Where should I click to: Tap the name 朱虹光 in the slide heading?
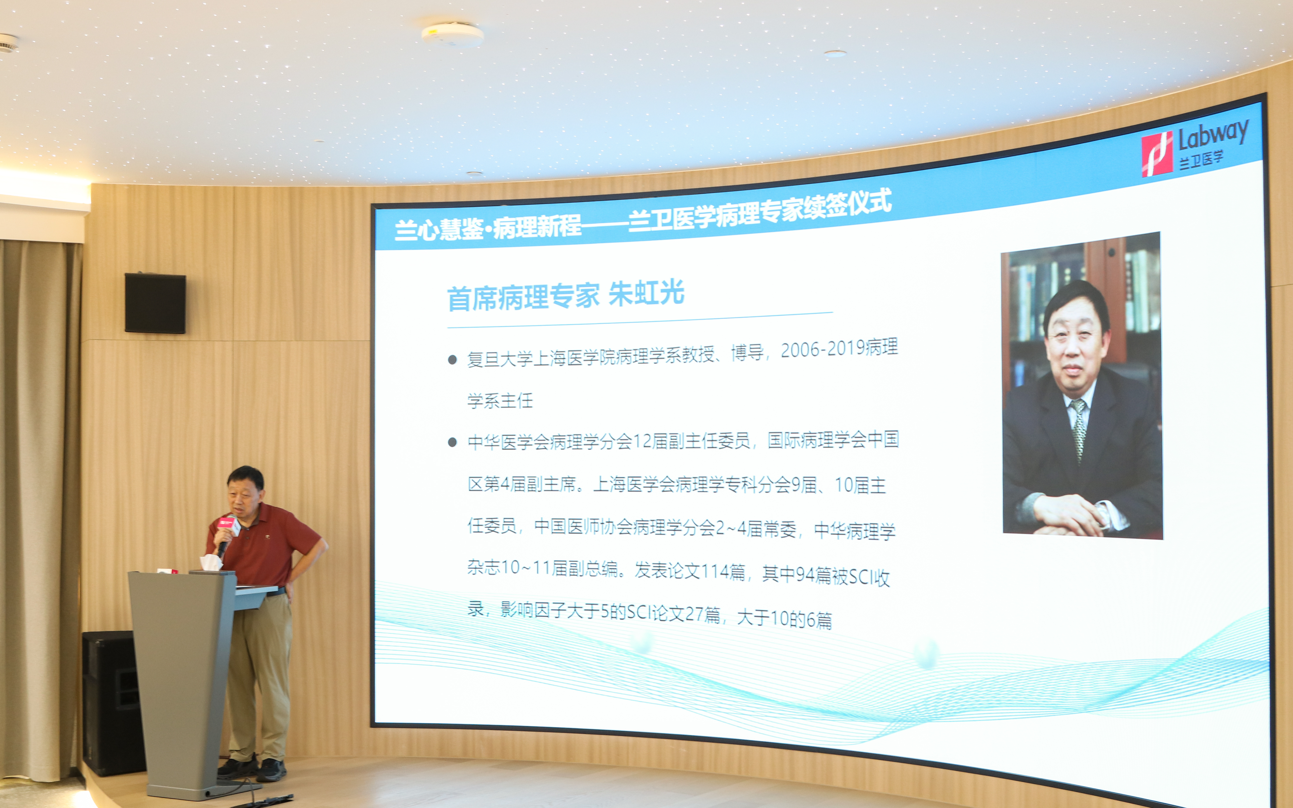[646, 293]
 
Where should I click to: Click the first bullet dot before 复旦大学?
[452, 360]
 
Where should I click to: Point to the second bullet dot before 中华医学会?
[452, 442]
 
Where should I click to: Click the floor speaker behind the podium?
[112, 703]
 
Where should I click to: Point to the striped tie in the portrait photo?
[1078, 427]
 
